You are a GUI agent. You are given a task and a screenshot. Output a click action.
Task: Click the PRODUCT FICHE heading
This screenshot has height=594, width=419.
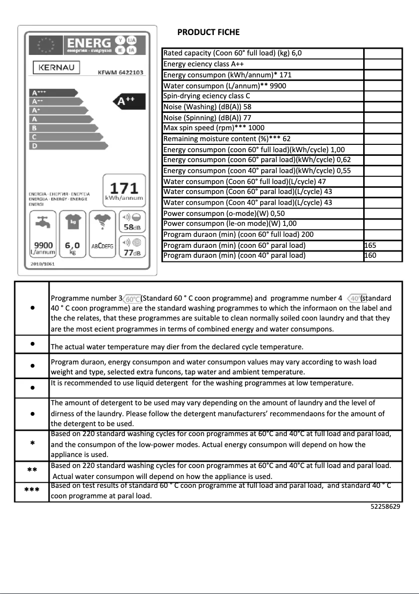[x=208, y=32]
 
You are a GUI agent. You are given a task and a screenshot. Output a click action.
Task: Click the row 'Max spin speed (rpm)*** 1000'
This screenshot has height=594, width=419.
[x=214, y=128]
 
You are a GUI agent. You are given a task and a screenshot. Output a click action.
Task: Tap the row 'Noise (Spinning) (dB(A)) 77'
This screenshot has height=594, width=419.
[x=208, y=118]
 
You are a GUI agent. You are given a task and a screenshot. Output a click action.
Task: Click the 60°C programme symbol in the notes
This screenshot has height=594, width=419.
[x=132, y=299]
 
